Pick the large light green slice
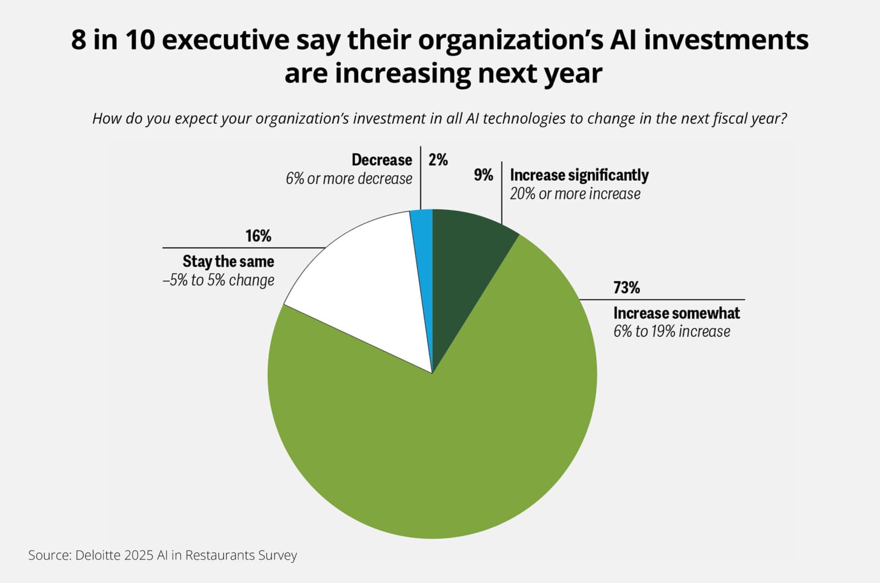[x=440, y=440]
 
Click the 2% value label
[x=438, y=160]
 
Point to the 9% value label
[x=483, y=175]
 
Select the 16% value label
[x=258, y=236]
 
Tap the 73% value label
[x=626, y=288]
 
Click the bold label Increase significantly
[x=579, y=175]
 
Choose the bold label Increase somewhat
[x=676, y=313]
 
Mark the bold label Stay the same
[x=228, y=261]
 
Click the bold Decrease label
[x=382, y=160]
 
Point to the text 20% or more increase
[x=575, y=194]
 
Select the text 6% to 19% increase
[x=672, y=331]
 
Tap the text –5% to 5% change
[x=218, y=280]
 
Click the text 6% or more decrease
[x=349, y=179]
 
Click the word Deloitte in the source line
[x=97, y=555]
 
